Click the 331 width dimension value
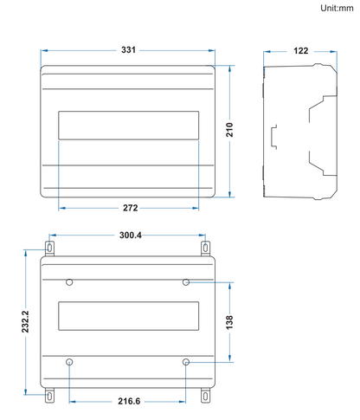128,50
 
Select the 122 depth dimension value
300,51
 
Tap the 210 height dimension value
229,130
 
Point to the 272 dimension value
128,208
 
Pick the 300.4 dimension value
128,236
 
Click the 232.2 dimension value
26,322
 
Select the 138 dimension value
229,321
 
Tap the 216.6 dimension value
128,401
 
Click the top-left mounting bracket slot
50,249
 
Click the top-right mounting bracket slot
206,249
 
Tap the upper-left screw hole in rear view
69,282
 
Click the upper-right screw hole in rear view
186,282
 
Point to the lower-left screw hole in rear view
69,361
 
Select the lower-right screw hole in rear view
186,361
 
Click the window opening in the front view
128,126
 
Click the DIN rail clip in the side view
274,136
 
